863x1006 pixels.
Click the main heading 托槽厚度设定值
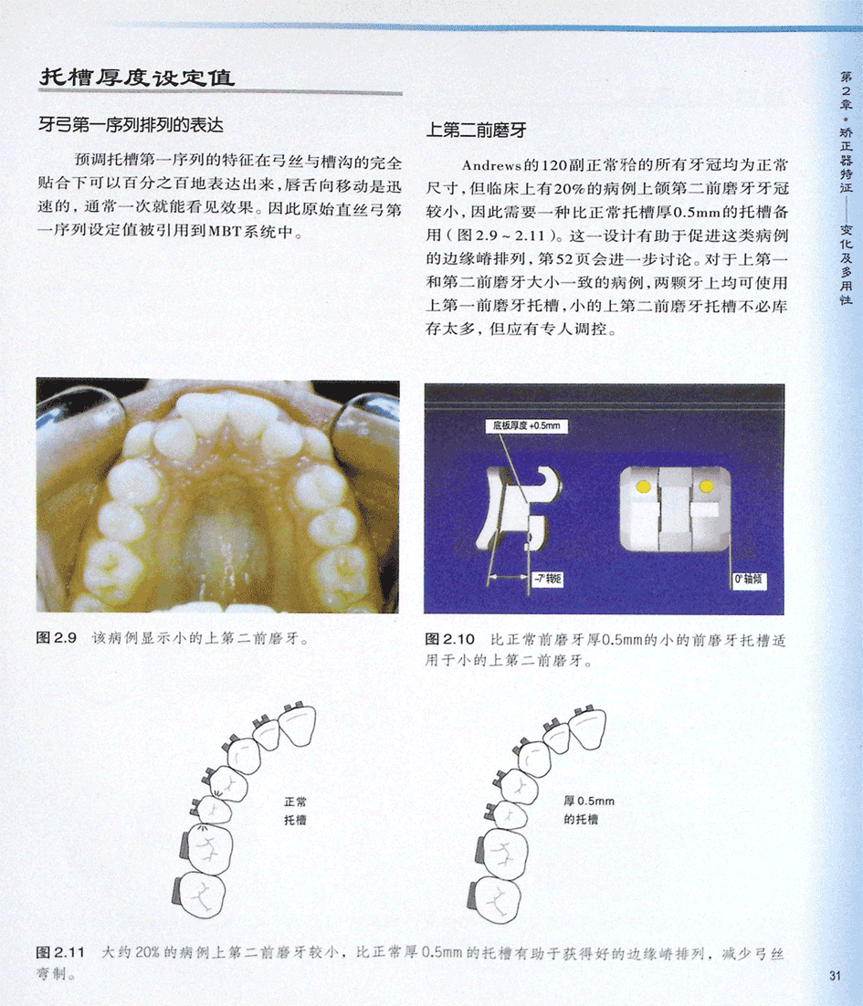pyautogui.click(x=137, y=77)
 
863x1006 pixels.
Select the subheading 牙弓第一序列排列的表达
pyautogui.click(x=131, y=124)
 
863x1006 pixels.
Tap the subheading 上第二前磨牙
pyautogui.click(x=476, y=131)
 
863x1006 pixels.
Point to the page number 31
pyautogui.click(x=835, y=976)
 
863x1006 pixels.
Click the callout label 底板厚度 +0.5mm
pyautogui.click(x=526, y=425)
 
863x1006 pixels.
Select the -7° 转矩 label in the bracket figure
pyautogui.click(x=547, y=580)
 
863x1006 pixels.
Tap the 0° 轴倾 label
pyautogui.click(x=748, y=580)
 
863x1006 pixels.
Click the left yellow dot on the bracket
pyautogui.click(x=643, y=487)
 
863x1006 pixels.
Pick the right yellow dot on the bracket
pyautogui.click(x=707, y=487)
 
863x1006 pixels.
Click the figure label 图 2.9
pyautogui.click(x=57, y=638)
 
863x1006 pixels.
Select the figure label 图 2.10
pyautogui.click(x=449, y=640)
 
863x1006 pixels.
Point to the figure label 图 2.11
pyautogui.click(x=60, y=953)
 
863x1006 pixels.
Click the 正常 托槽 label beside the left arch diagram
pyautogui.click(x=295, y=811)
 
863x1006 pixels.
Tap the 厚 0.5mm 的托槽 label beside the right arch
pyautogui.click(x=589, y=811)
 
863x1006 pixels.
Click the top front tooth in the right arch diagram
pyautogui.click(x=299, y=723)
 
